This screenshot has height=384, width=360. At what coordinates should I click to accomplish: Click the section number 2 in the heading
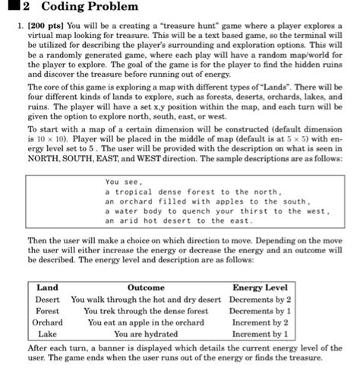(x=25, y=8)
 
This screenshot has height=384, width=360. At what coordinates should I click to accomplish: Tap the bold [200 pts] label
(x=52, y=25)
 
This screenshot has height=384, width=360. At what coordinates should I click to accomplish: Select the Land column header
(x=47, y=287)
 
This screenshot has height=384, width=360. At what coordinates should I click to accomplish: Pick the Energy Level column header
(x=260, y=287)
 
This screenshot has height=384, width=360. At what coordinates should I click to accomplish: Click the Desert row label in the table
(x=47, y=300)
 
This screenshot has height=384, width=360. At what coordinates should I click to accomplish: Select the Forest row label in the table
(x=47, y=311)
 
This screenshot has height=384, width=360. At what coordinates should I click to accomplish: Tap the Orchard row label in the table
(x=47, y=322)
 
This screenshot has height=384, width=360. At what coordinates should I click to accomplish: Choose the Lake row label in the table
(x=47, y=334)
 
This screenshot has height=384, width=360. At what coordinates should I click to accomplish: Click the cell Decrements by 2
(x=260, y=300)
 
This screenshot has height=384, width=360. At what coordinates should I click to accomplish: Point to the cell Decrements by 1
(x=260, y=311)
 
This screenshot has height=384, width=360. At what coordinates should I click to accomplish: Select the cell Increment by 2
(x=260, y=322)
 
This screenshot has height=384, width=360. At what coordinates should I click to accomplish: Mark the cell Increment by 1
(x=260, y=334)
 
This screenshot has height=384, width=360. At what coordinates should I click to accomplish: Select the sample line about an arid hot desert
(x=178, y=221)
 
